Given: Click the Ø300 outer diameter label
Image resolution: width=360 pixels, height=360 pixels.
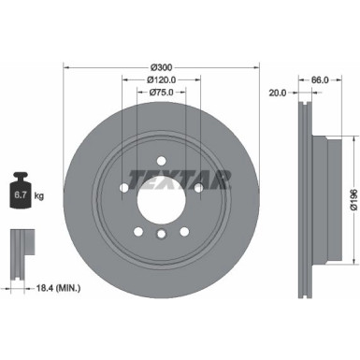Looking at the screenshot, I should (162, 66).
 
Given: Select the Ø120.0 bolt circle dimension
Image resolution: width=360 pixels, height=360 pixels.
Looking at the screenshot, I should (162, 79).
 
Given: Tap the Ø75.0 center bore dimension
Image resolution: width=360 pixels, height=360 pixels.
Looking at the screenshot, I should (162, 93).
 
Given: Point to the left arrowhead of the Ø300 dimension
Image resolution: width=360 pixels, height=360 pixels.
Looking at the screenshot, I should (66, 66).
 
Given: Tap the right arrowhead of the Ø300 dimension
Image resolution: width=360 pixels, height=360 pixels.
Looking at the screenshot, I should (257, 66).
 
